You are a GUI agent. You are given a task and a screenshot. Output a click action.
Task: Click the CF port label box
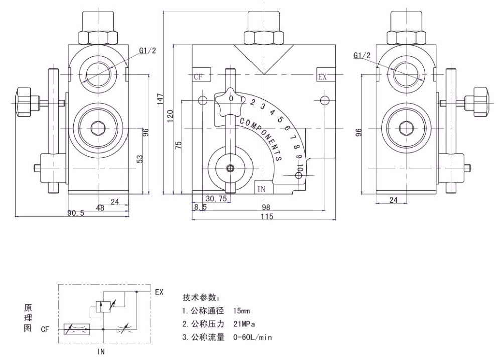click(201, 75)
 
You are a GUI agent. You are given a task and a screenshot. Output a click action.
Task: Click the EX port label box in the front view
click(326, 75)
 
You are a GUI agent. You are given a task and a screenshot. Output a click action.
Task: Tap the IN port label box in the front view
click(264, 188)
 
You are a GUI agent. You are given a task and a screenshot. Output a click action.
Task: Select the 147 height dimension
click(161, 99)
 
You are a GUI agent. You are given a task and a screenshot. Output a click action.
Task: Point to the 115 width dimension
click(267, 217)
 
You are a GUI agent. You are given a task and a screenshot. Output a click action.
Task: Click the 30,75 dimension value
click(216, 198)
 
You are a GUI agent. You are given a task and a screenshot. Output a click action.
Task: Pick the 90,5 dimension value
click(76, 213)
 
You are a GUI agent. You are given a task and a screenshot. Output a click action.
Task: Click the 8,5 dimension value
click(200, 207)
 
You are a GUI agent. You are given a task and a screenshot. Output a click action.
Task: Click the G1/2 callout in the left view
click(148, 51)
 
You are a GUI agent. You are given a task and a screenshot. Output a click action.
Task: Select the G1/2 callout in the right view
click(362, 55)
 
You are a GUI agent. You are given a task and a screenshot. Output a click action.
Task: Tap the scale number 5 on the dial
click(280, 119)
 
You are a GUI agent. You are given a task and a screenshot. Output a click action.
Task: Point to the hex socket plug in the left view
click(98, 128)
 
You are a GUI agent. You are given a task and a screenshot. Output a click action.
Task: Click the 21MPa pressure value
click(244, 324)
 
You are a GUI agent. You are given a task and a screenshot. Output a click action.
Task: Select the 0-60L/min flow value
click(253, 337)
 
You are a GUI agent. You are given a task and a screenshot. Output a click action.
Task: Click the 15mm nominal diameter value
click(242, 311)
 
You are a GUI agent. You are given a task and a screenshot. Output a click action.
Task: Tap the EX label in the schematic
click(159, 292)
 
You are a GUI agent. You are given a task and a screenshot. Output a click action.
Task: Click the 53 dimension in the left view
click(140, 159)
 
